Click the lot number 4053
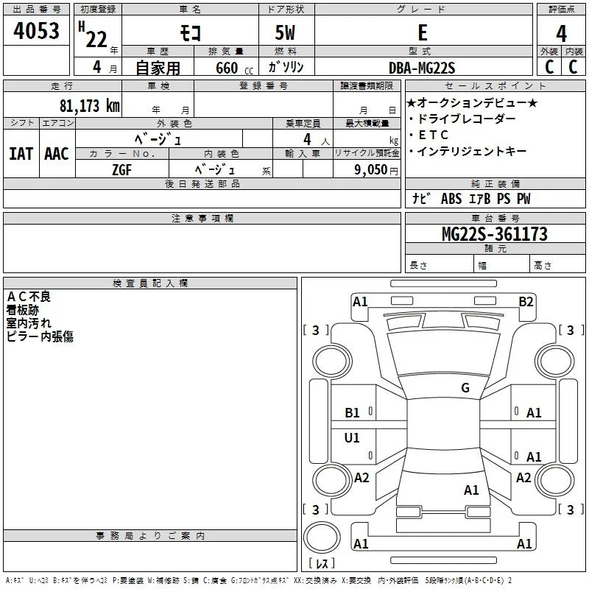(x=36, y=30)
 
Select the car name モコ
(x=191, y=32)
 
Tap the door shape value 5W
(x=285, y=32)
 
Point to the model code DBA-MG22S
(x=422, y=68)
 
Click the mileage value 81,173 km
(x=90, y=105)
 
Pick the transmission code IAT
(x=21, y=154)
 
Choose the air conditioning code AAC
(x=57, y=154)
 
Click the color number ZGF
(x=122, y=170)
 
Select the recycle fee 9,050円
(x=376, y=170)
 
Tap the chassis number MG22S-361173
(x=495, y=234)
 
